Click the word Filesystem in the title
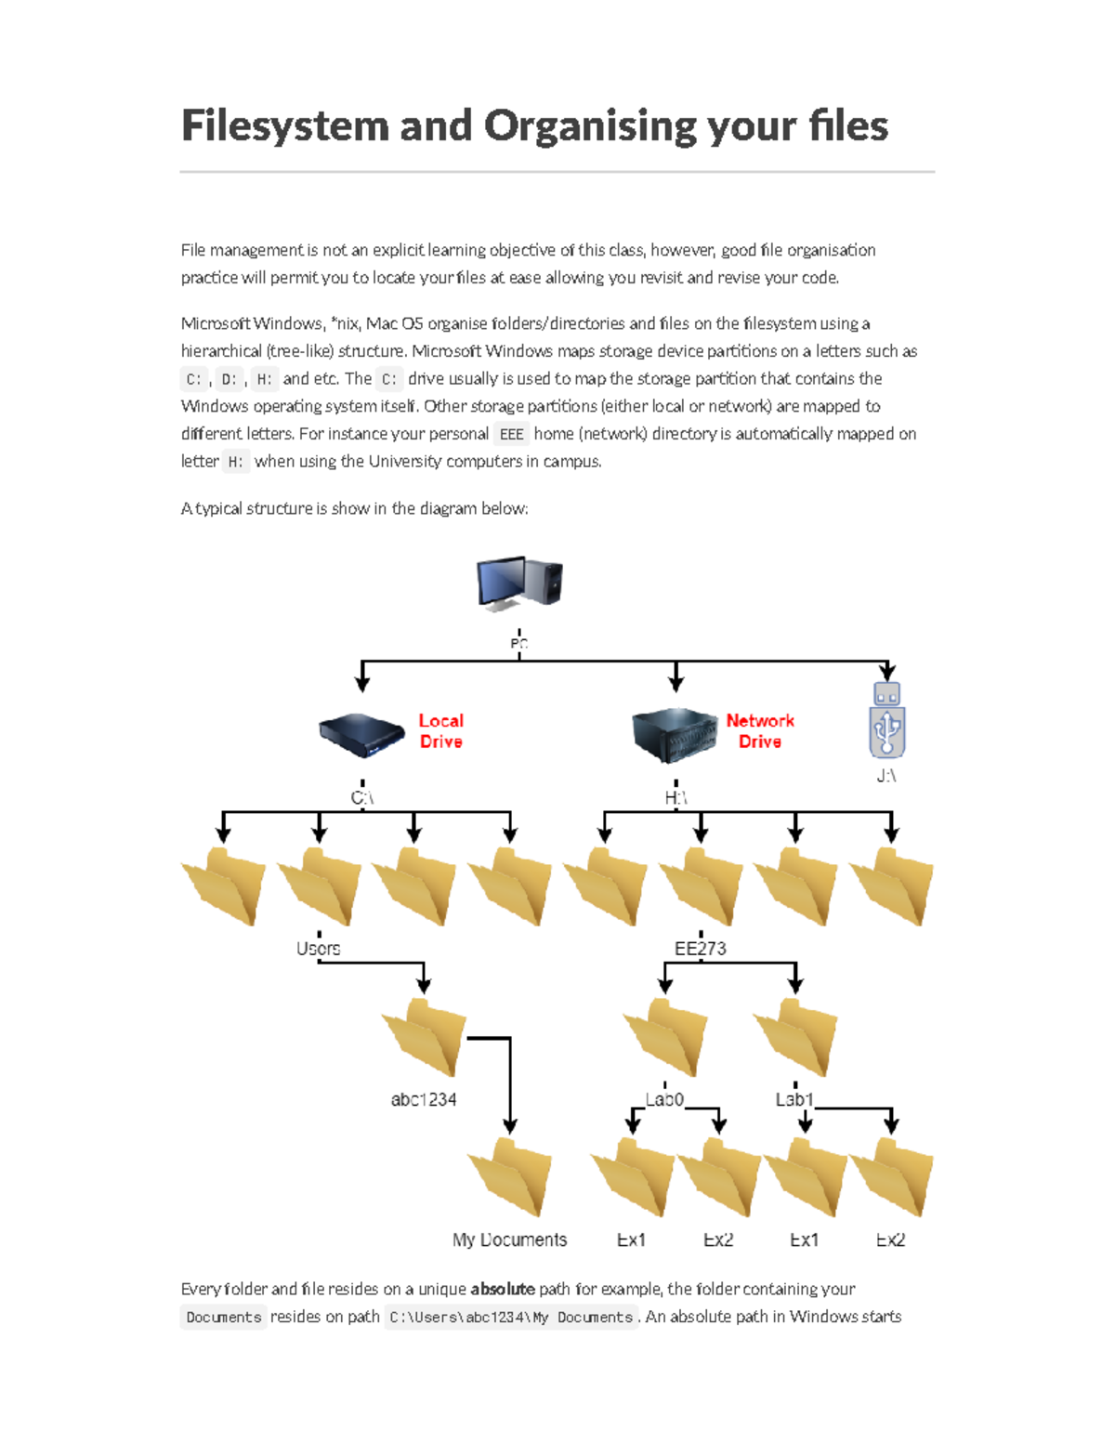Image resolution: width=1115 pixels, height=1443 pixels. click(x=284, y=126)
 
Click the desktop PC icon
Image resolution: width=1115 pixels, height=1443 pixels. click(x=519, y=583)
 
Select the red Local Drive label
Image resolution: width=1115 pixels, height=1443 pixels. click(x=440, y=731)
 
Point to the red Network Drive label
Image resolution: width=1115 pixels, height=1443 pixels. click(x=759, y=731)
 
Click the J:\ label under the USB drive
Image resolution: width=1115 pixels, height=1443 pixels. click(x=886, y=776)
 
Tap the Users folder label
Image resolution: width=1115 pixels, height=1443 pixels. click(x=318, y=949)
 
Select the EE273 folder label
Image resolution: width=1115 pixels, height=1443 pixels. click(x=700, y=949)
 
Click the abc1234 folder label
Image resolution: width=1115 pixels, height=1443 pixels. click(x=424, y=1099)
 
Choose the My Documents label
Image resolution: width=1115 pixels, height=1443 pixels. click(x=509, y=1240)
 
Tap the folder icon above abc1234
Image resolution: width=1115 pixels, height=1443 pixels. click(x=424, y=1037)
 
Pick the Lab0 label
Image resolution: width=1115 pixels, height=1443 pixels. click(x=664, y=1099)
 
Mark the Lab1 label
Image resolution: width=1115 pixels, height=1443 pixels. click(x=794, y=1099)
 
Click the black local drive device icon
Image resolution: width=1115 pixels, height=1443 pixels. click(x=361, y=737)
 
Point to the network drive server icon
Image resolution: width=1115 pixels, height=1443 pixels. click(x=675, y=735)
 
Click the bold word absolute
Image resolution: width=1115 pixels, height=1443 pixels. click(x=502, y=1289)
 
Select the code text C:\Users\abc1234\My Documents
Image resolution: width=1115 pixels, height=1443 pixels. click(x=511, y=1318)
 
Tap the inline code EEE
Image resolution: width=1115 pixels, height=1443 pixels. click(x=511, y=434)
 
